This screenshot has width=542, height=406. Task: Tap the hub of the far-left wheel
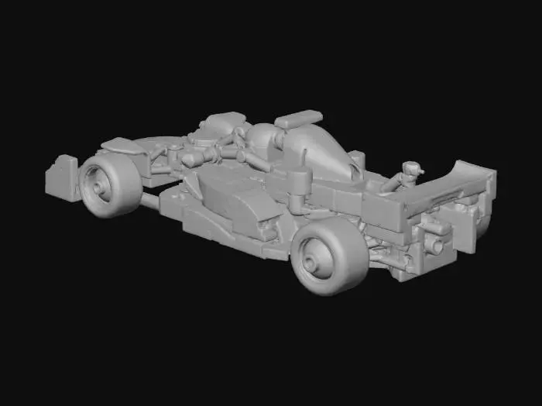[99, 188]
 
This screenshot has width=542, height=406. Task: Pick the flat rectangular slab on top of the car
[298, 119]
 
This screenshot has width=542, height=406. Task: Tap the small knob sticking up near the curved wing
[412, 167]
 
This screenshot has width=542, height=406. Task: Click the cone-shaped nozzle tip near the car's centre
[187, 160]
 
